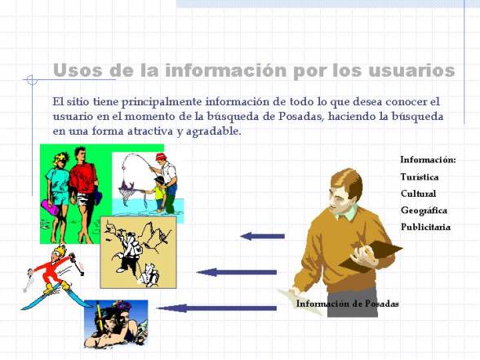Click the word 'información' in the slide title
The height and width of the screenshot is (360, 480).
[x=225, y=70]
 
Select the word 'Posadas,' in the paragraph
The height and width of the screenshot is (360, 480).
[x=301, y=117]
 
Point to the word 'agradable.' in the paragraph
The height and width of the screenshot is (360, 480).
[x=214, y=131]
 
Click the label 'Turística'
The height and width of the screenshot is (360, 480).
[x=420, y=177]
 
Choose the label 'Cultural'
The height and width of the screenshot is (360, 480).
[x=418, y=193]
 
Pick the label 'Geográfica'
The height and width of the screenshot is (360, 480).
[x=424, y=211]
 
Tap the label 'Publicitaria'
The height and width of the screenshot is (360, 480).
[x=425, y=227]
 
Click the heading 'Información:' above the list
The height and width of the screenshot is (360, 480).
[x=429, y=160]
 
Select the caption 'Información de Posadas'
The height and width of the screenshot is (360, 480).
[x=348, y=304]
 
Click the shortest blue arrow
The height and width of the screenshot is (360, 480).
[x=262, y=237]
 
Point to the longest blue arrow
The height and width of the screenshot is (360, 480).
[x=217, y=308]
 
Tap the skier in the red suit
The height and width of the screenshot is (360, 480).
[x=54, y=273]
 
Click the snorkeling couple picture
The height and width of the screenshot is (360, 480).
[x=116, y=324]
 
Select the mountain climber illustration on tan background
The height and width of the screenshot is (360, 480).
[x=139, y=252]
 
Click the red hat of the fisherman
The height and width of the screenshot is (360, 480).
[x=160, y=157]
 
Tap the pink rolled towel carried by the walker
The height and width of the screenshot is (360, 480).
[x=50, y=207]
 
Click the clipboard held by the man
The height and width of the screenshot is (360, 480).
[x=371, y=257]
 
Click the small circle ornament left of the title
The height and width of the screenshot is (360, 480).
[x=32, y=80]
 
